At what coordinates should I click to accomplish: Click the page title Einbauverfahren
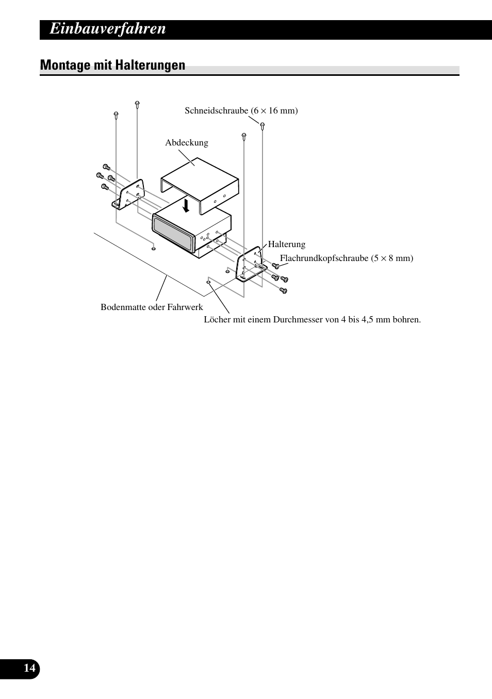pos(108,29)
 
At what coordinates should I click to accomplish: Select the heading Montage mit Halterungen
pos(112,65)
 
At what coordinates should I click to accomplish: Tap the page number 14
pos(29,669)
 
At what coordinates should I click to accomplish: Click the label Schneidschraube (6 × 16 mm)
pos(241,110)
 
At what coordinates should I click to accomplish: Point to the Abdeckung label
pos(186,143)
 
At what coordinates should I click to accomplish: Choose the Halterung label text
pos(286,244)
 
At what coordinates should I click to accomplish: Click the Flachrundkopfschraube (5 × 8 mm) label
pos(346,258)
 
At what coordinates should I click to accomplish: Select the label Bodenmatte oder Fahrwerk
pos(152,307)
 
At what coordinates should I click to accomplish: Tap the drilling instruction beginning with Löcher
pos(312,319)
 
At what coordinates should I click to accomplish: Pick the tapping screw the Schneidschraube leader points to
pos(263,125)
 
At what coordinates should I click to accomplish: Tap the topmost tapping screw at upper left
pos(137,104)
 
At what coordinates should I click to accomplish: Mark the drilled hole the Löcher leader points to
pos(208,282)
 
